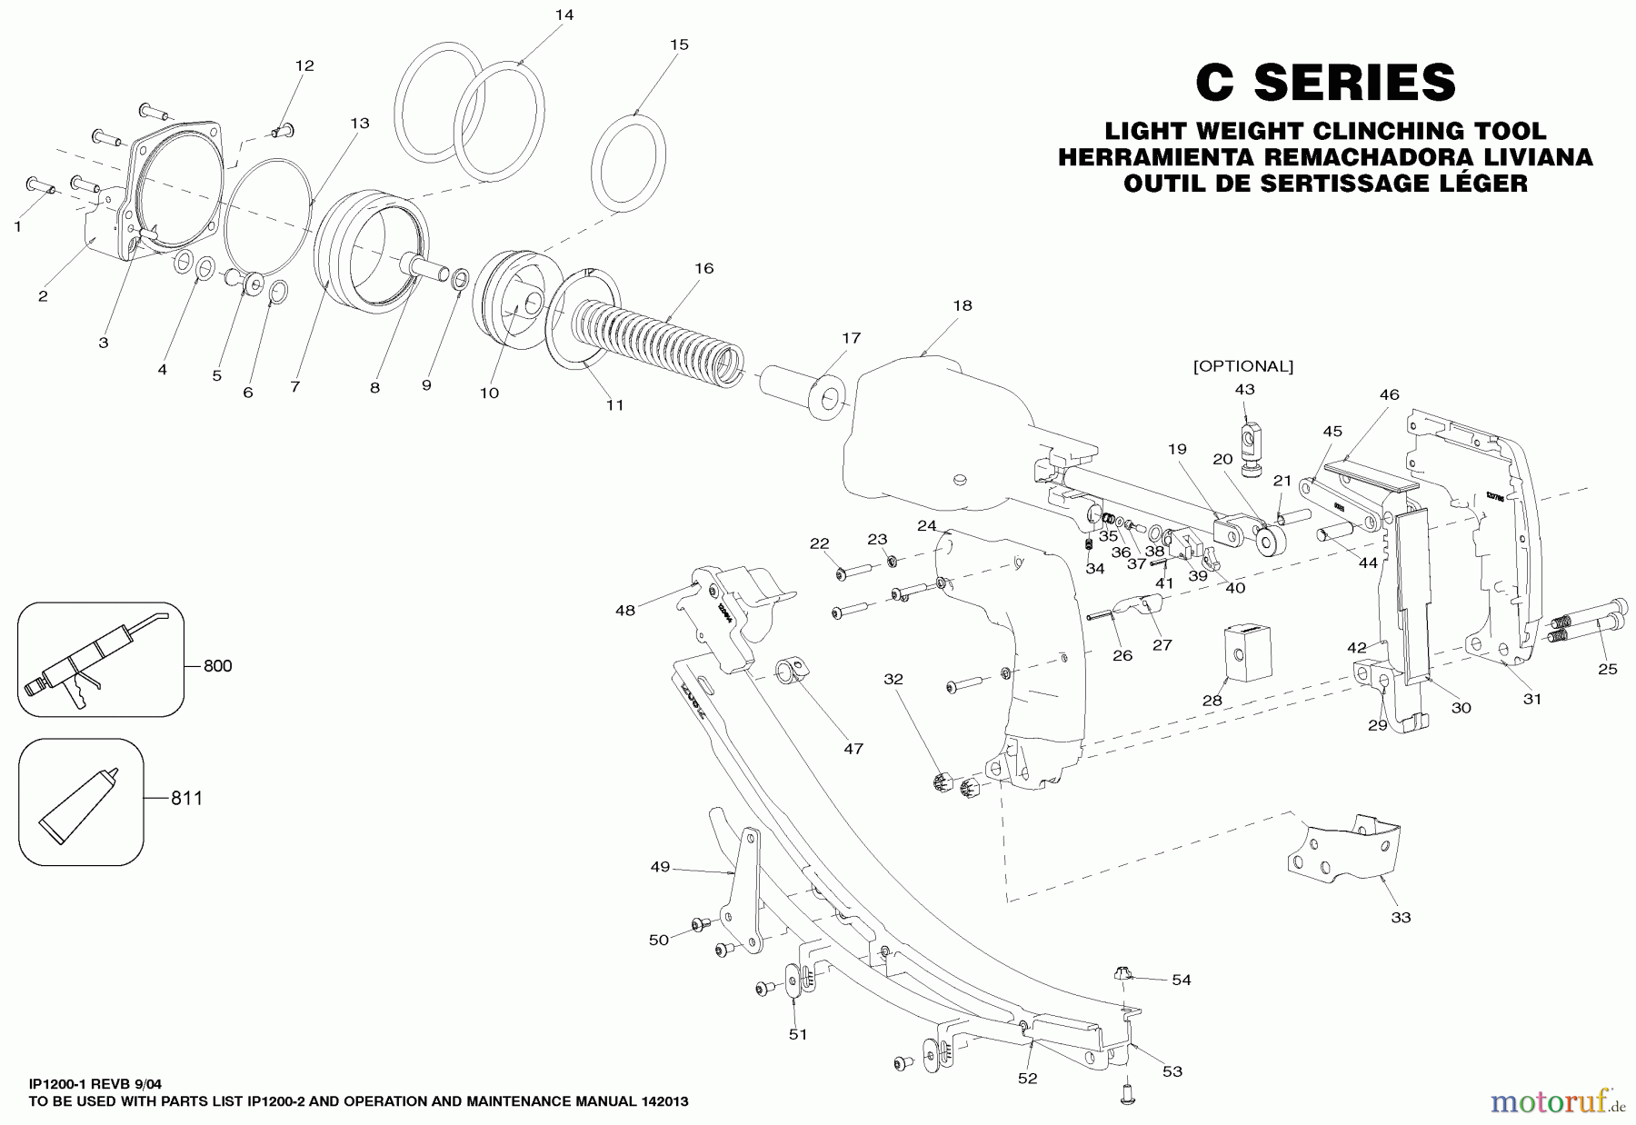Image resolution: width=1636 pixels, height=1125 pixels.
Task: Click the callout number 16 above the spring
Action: pyautogui.click(x=703, y=268)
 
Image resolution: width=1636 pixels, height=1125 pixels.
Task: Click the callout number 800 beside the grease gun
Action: pyautogui.click(x=217, y=666)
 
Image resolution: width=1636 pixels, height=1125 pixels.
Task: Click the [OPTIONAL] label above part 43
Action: pyautogui.click(x=1242, y=366)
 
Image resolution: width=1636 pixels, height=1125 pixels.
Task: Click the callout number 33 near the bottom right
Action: pyautogui.click(x=1401, y=917)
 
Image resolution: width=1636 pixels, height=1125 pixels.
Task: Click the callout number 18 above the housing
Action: pyautogui.click(x=962, y=305)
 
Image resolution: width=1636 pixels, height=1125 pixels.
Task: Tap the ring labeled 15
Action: pyautogui.click(x=628, y=163)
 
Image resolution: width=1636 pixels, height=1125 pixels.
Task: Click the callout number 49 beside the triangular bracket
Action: pyautogui.click(x=660, y=867)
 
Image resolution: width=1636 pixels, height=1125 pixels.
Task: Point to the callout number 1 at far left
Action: pyautogui.click(x=17, y=227)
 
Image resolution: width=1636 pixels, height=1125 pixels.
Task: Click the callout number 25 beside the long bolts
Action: pyautogui.click(x=1607, y=669)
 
